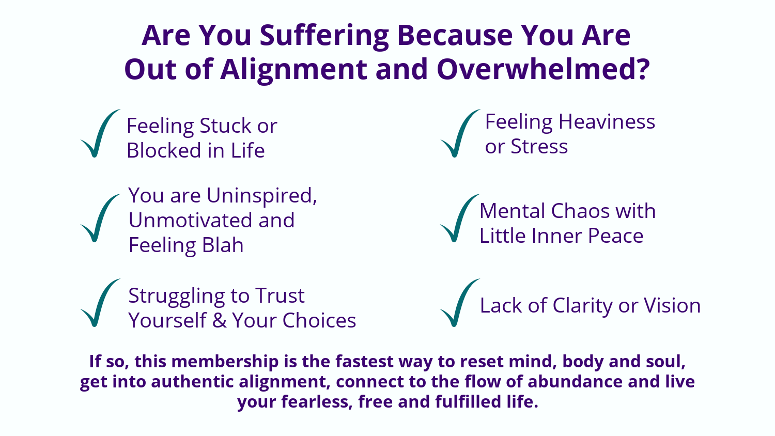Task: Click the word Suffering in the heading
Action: (x=324, y=36)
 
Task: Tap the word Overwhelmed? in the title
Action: (x=543, y=69)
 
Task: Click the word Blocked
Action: (x=164, y=150)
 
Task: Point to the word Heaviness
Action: (x=607, y=122)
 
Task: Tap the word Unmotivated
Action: (x=191, y=220)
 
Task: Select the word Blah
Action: (x=223, y=245)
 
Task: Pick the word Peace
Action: (x=615, y=236)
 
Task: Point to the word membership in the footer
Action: (x=225, y=362)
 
